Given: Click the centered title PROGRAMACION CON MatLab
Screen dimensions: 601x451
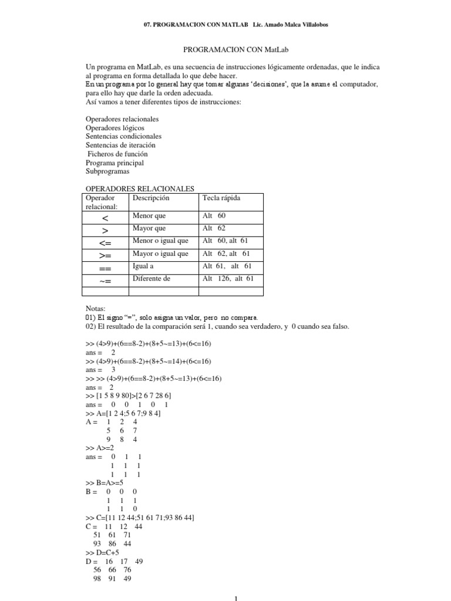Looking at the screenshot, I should pyautogui.click(x=225, y=51).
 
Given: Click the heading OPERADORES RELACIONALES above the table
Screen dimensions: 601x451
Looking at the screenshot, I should pyautogui.click(x=140, y=189).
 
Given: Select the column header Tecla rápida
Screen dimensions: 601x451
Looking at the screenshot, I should pyautogui.click(x=221, y=198).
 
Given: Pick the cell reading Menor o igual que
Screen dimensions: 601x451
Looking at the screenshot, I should pyautogui.click(x=160, y=241).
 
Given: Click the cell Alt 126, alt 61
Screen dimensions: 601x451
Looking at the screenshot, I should pyautogui.click(x=228, y=279).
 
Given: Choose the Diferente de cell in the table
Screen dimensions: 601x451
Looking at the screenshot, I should pyautogui.click(x=152, y=279).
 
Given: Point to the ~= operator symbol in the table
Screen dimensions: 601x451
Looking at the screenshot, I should pyautogui.click(x=106, y=280).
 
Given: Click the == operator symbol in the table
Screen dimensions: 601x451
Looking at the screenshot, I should pyautogui.click(x=106, y=268).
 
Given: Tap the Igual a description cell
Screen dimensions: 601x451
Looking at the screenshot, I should pyautogui.click(x=143, y=266).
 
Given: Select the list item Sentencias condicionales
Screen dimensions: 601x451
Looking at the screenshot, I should pyautogui.click(x=123, y=136).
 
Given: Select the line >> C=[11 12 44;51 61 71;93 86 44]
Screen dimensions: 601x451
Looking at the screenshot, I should pyautogui.click(x=140, y=518).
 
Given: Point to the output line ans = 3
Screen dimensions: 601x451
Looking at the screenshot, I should pyautogui.click(x=100, y=370).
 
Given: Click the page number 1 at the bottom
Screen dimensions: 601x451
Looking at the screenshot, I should pyautogui.click(x=235, y=598).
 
